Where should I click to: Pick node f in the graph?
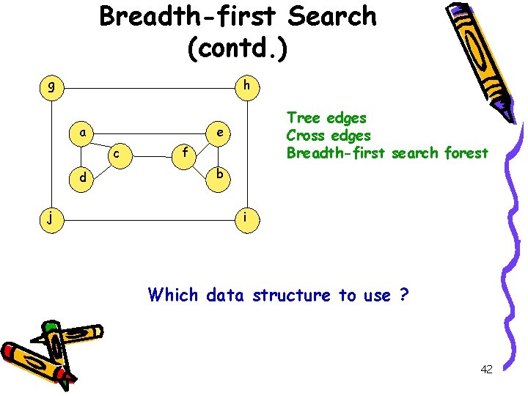pos(186,154)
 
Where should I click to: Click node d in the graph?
pos(85,178)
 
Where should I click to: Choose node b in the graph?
pos(219,176)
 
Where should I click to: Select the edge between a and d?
pos(84,155)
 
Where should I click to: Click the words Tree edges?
pos(326,117)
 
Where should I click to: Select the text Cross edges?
pos(329,136)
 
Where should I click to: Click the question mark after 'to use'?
pos(404,296)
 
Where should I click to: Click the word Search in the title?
pos(328,16)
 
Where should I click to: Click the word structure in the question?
pos(291,296)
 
